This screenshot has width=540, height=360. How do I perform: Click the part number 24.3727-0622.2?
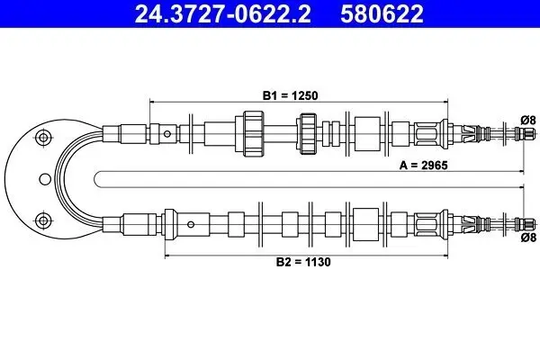click(x=223, y=13)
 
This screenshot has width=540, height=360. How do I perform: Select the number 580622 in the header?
click(x=382, y=13)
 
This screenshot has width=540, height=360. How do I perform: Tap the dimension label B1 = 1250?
click(x=291, y=95)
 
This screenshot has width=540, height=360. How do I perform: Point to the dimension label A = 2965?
click(x=424, y=166)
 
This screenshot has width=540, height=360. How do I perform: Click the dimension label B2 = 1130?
click(x=303, y=262)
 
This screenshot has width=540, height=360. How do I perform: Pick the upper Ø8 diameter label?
click(x=528, y=120)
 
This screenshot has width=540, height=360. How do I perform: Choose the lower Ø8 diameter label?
click(x=528, y=238)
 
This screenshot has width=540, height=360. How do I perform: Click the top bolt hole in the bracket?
click(x=43, y=138)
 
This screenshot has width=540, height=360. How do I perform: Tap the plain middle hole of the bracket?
click(x=45, y=179)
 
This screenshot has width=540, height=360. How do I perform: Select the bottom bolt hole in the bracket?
click(x=43, y=220)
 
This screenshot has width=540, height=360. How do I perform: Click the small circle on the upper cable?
click(x=167, y=134)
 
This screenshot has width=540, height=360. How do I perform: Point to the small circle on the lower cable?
click(x=191, y=225)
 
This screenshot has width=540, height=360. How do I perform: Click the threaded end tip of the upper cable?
click(x=526, y=134)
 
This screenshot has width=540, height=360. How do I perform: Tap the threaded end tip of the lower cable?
click(x=526, y=225)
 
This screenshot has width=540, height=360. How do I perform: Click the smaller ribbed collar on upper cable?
click(x=308, y=134)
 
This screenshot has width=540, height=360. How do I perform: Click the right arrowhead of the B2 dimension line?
click(x=445, y=256)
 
